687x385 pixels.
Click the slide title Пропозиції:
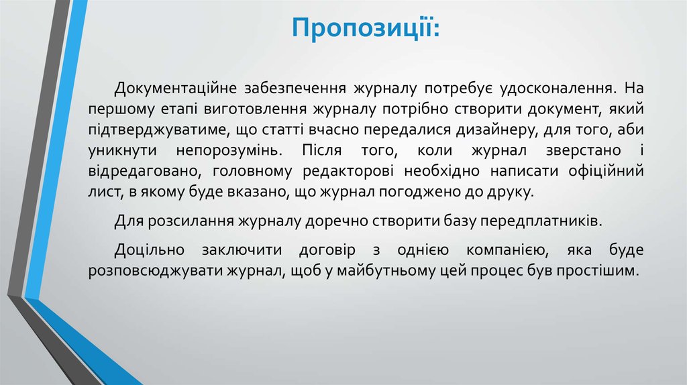coord(366,29)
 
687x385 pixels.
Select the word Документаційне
coord(168,89)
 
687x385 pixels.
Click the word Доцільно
coord(146,251)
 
